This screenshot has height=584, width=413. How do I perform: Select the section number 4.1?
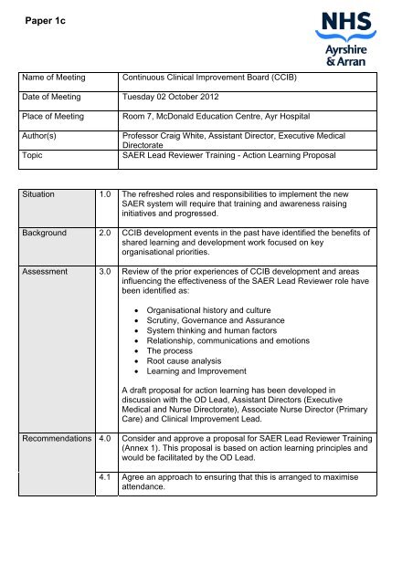pos(108,480)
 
